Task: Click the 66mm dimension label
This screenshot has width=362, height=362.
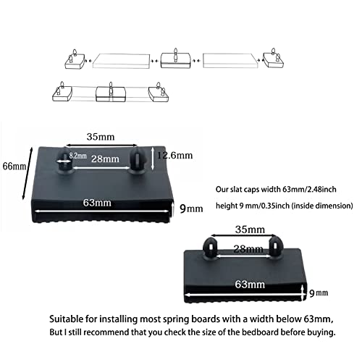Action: click(14, 167)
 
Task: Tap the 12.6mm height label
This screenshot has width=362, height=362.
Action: click(175, 155)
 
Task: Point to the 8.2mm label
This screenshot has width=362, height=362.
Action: click(77, 156)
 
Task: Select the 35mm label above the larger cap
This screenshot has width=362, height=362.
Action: click(101, 137)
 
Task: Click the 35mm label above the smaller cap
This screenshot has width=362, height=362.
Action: click(250, 230)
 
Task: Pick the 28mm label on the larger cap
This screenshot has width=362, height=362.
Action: click(105, 159)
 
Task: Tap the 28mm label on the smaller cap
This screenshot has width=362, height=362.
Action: click(248, 249)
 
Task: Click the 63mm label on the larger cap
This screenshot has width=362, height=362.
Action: click(97, 203)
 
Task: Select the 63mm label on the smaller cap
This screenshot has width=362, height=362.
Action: click(250, 285)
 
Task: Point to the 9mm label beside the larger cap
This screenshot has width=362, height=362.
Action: click(191, 209)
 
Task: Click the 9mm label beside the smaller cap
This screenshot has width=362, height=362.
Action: click(319, 293)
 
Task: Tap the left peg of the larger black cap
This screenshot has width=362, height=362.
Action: click(64, 161)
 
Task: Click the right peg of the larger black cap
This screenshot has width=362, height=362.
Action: click(138, 160)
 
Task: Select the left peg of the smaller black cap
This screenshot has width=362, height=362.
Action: click(211, 249)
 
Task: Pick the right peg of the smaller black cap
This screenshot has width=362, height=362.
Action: click(274, 248)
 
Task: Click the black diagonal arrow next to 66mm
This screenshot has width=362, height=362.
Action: click(28, 174)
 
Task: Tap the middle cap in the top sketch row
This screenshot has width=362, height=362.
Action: click(176, 59)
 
